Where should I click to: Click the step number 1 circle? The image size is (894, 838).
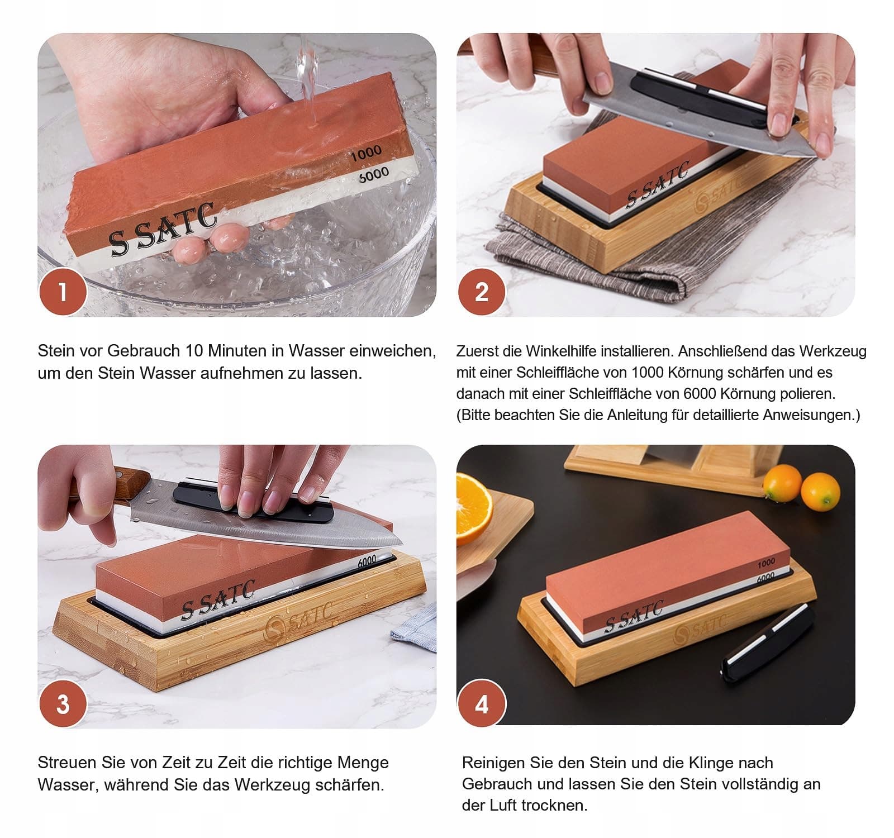pyautogui.click(x=63, y=292)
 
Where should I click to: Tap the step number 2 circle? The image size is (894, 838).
pyautogui.click(x=481, y=292)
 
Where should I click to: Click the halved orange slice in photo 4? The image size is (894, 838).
pyautogui.click(x=474, y=508)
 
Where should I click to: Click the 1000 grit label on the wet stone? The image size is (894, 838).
pyautogui.click(x=367, y=152)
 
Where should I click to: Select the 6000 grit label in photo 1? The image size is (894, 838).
pyautogui.click(x=374, y=175)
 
